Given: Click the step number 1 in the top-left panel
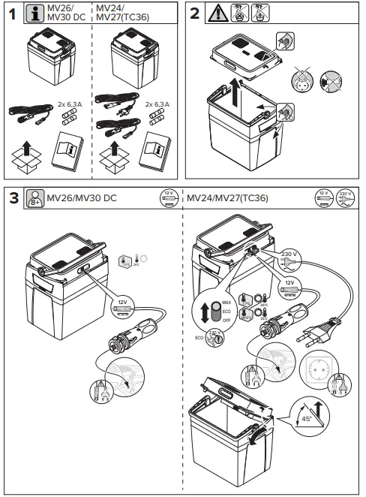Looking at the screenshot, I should [11, 15].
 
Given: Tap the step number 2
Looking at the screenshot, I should [193, 15].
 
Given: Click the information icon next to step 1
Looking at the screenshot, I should [34, 15].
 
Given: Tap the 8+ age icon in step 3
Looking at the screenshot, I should [34, 198].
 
